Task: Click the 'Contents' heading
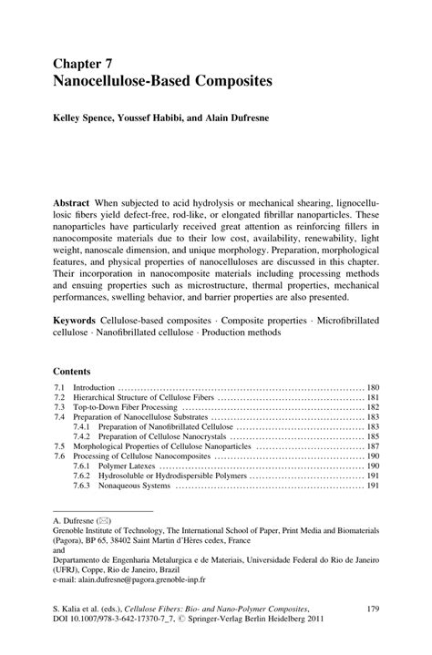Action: coord(72,372)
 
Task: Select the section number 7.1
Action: coord(59,387)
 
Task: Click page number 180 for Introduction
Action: coord(372,387)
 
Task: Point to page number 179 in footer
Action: coord(371,607)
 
